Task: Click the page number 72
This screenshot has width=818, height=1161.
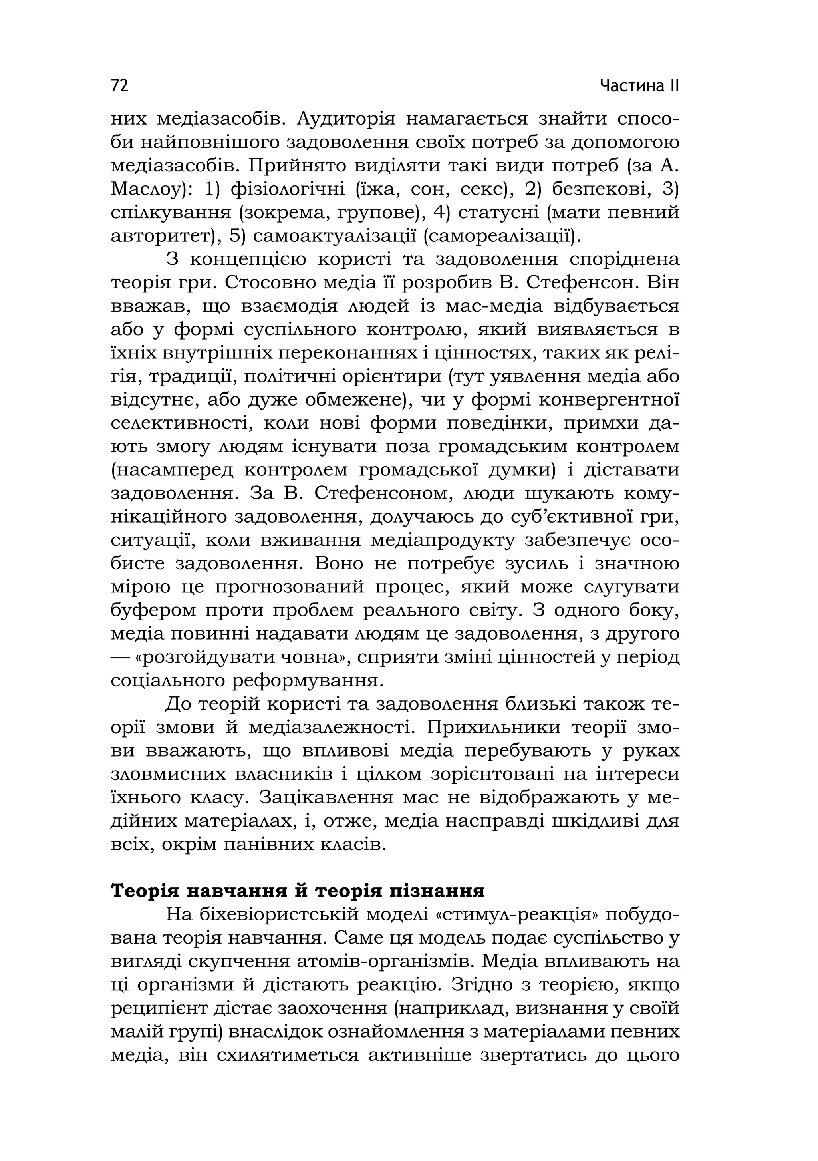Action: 120,85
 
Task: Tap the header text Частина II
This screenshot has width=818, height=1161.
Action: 639,86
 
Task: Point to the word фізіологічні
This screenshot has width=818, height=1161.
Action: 288,190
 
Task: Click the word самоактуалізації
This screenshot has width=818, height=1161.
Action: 334,236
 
